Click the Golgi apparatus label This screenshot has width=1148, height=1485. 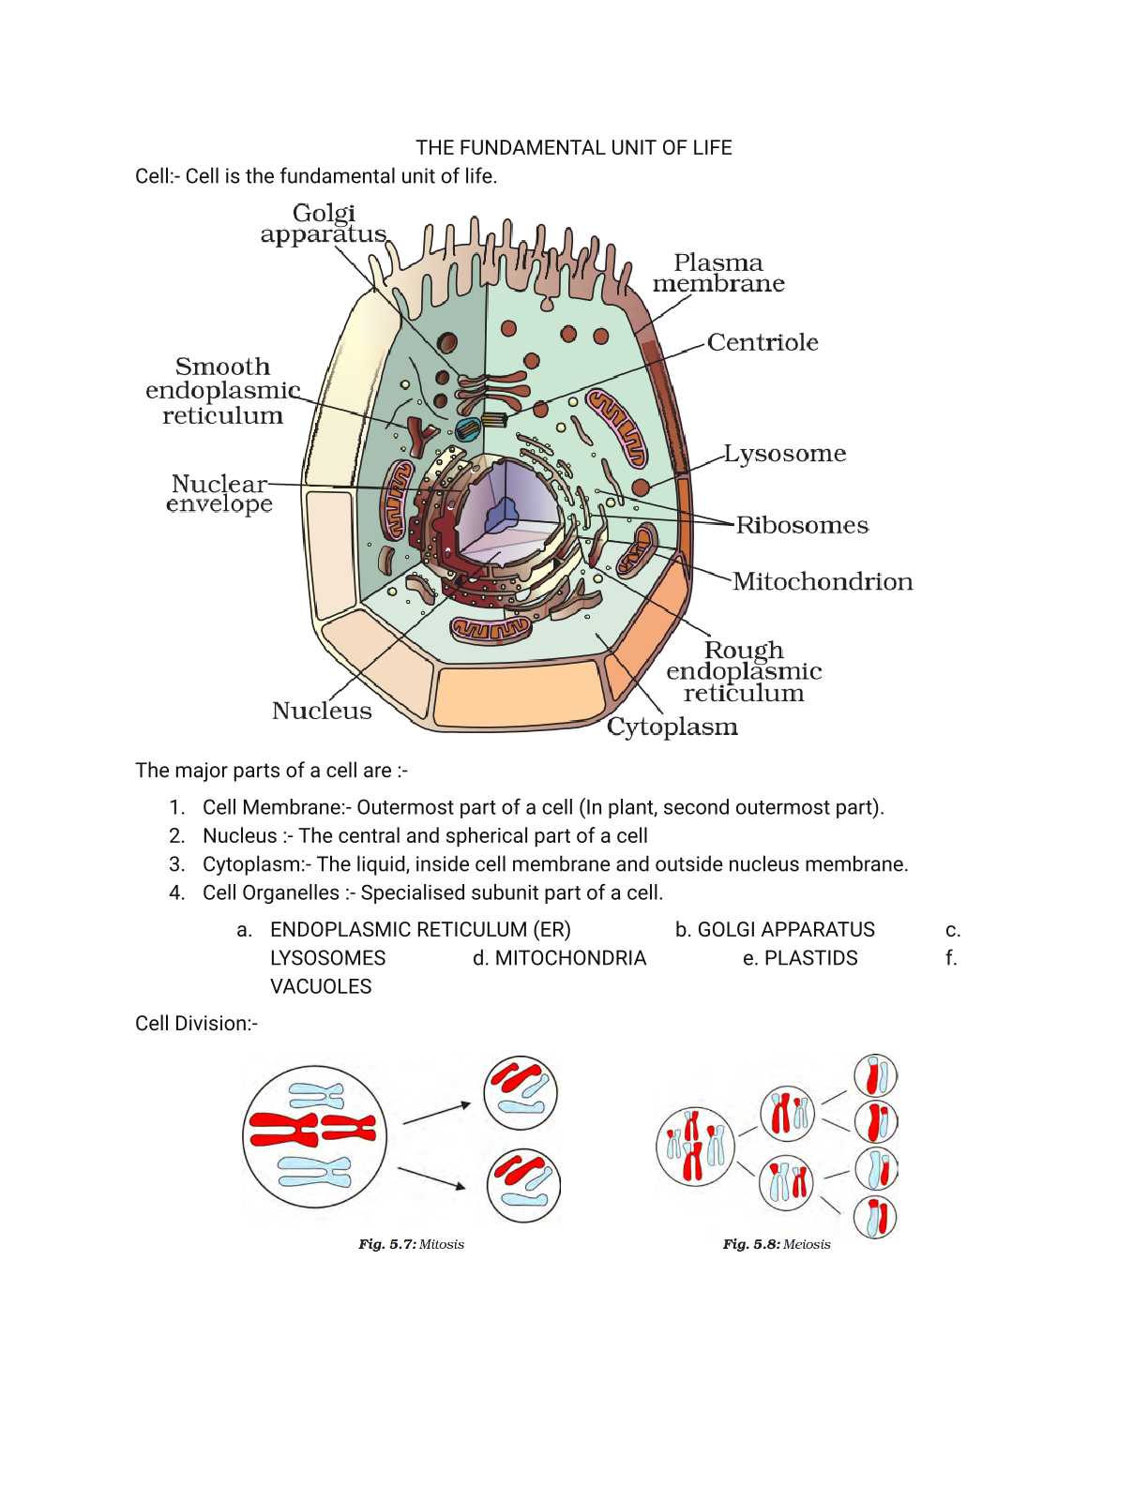click(324, 224)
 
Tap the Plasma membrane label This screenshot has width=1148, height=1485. click(718, 273)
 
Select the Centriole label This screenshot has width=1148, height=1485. click(763, 342)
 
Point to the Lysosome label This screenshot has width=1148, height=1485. click(785, 454)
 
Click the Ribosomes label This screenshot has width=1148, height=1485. click(802, 525)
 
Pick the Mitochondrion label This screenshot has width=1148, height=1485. click(823, 582)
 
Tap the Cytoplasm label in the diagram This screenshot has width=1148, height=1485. click(672, 727)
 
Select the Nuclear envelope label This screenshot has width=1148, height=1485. click(220, 494)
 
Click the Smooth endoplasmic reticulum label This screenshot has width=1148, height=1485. click(223, 391)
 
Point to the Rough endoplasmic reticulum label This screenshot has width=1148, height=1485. click(744, 671)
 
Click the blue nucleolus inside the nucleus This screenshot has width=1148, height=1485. click(504, 513)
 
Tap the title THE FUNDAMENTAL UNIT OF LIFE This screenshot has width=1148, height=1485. click(574, 148)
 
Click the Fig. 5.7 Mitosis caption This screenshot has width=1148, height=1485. click(411, 1244)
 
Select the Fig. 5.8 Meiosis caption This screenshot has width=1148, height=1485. click(777, 1244)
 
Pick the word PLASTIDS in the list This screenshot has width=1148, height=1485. click(810, 958)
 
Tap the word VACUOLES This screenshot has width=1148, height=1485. click(321, 986)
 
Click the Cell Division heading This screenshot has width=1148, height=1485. click(196, 1023)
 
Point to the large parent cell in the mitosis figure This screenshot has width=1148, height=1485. click(314, 1136)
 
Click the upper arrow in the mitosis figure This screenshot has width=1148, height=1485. click(436, 1113)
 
